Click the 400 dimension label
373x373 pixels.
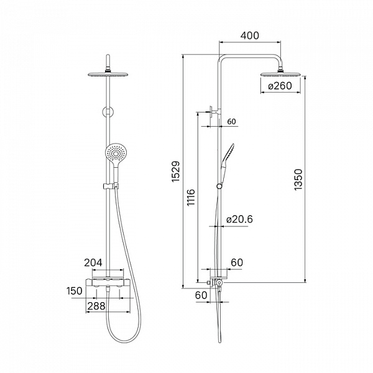click(x=249, y=35)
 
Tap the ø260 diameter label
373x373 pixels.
click(x=280, y=86)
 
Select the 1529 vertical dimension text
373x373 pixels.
click(x=177, y=172)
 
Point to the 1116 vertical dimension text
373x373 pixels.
click(x=191, y=198)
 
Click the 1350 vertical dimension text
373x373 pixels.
click(x=298, y=180)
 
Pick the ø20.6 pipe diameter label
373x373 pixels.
click(x=239, y=219)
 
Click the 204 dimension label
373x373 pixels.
click(x=93, y=262)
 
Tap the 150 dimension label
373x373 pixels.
click(x=75, y=291)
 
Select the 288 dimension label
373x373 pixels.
click(x=96, y=306)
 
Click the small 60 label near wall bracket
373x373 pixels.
click(x=231, y=122)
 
